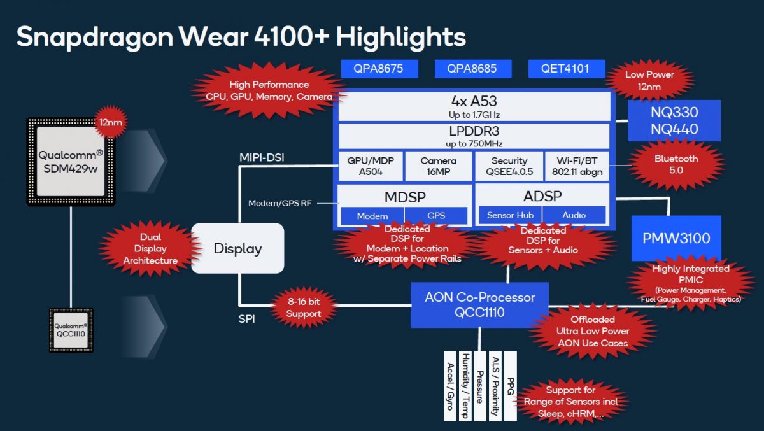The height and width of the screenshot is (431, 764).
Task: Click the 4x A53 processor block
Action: [474, 106]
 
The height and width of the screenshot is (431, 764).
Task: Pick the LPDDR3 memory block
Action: [474, 136]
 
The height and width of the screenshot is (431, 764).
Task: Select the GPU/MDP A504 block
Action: [370, 166]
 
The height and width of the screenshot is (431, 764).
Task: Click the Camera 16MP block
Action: [439, 166]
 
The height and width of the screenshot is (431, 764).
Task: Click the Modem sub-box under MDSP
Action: [372, 216]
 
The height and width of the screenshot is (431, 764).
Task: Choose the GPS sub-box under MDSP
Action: [436, 216]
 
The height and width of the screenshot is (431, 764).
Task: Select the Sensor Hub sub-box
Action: [510, 215]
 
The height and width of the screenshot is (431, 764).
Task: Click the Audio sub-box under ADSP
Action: [574, 215]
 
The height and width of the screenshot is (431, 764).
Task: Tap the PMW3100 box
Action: [676, 239]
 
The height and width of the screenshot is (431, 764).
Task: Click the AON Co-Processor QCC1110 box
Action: [479, 305]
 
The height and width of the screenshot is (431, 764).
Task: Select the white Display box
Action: [237, 249]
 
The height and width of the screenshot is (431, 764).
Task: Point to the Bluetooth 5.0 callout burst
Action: [676, 164]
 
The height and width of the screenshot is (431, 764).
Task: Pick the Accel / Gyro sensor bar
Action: [450, 385]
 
